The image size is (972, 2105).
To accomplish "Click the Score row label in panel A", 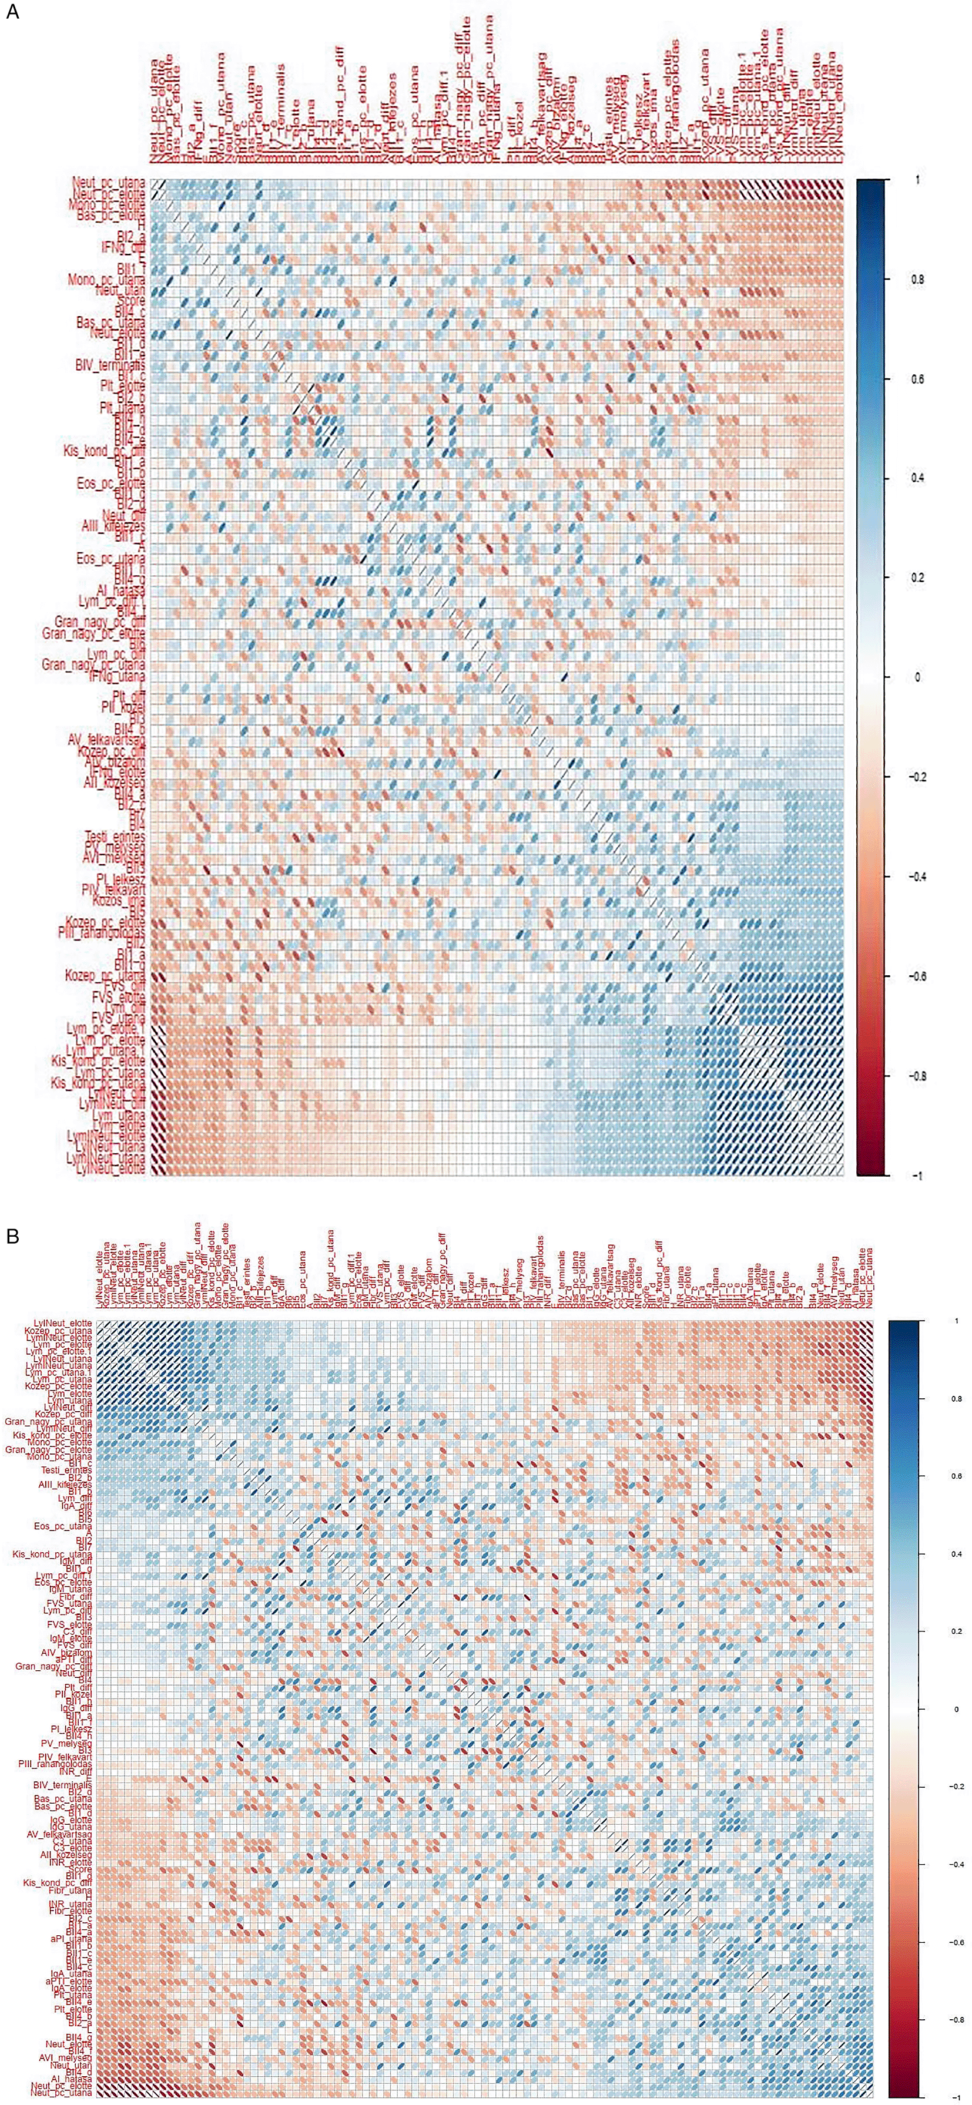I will coord(131,301).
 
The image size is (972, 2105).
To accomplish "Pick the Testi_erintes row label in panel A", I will coord(115,836).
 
